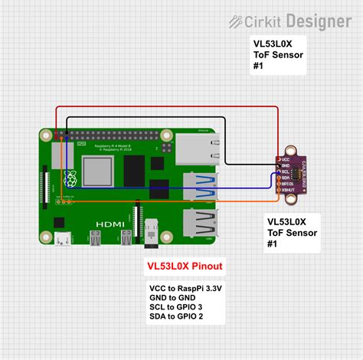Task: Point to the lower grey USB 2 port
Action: click(x=200, y=225)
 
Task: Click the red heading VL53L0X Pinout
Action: click(x=185, y=267)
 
